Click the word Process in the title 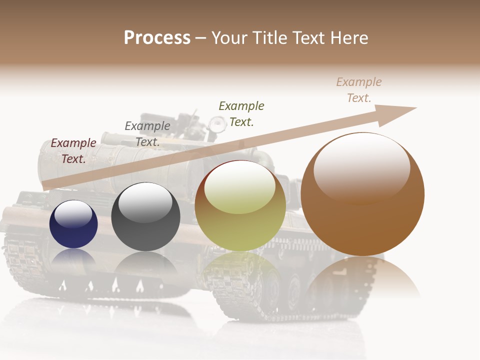pyautogui.click(x=157, y=38)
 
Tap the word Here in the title pyautogui.click(x=348, y=38)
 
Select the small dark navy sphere pyautogui.click(x=73, y=224)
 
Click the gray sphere pyautogui.click(x=145, y=217)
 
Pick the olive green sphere pyautogui.click(x=240, y=206)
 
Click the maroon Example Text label pyautogui.click(x=73, y=151)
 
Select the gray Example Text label pyautogui.click(x=147, y=134)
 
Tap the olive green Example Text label pyautogui.click(x=241, y=113)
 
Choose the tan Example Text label pyautogui.click(x=359, y=90)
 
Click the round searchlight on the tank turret pyautogui.click(x=217, y=123)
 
